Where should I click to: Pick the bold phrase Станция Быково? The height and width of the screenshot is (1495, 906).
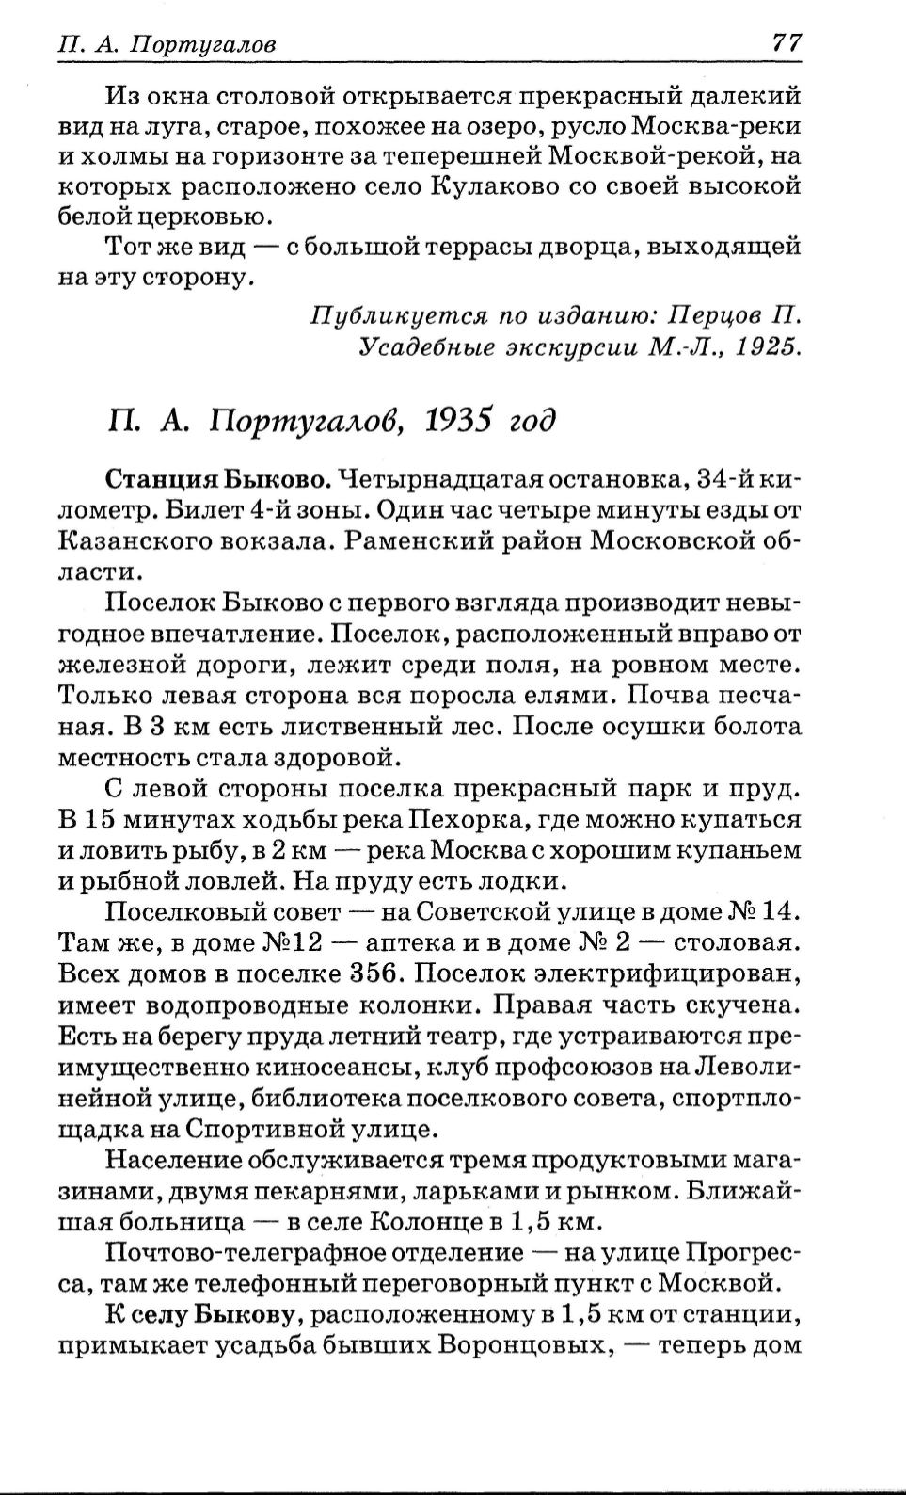click(x=218, y=480)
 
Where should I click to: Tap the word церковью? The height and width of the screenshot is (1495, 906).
click(x=198, y=217)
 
